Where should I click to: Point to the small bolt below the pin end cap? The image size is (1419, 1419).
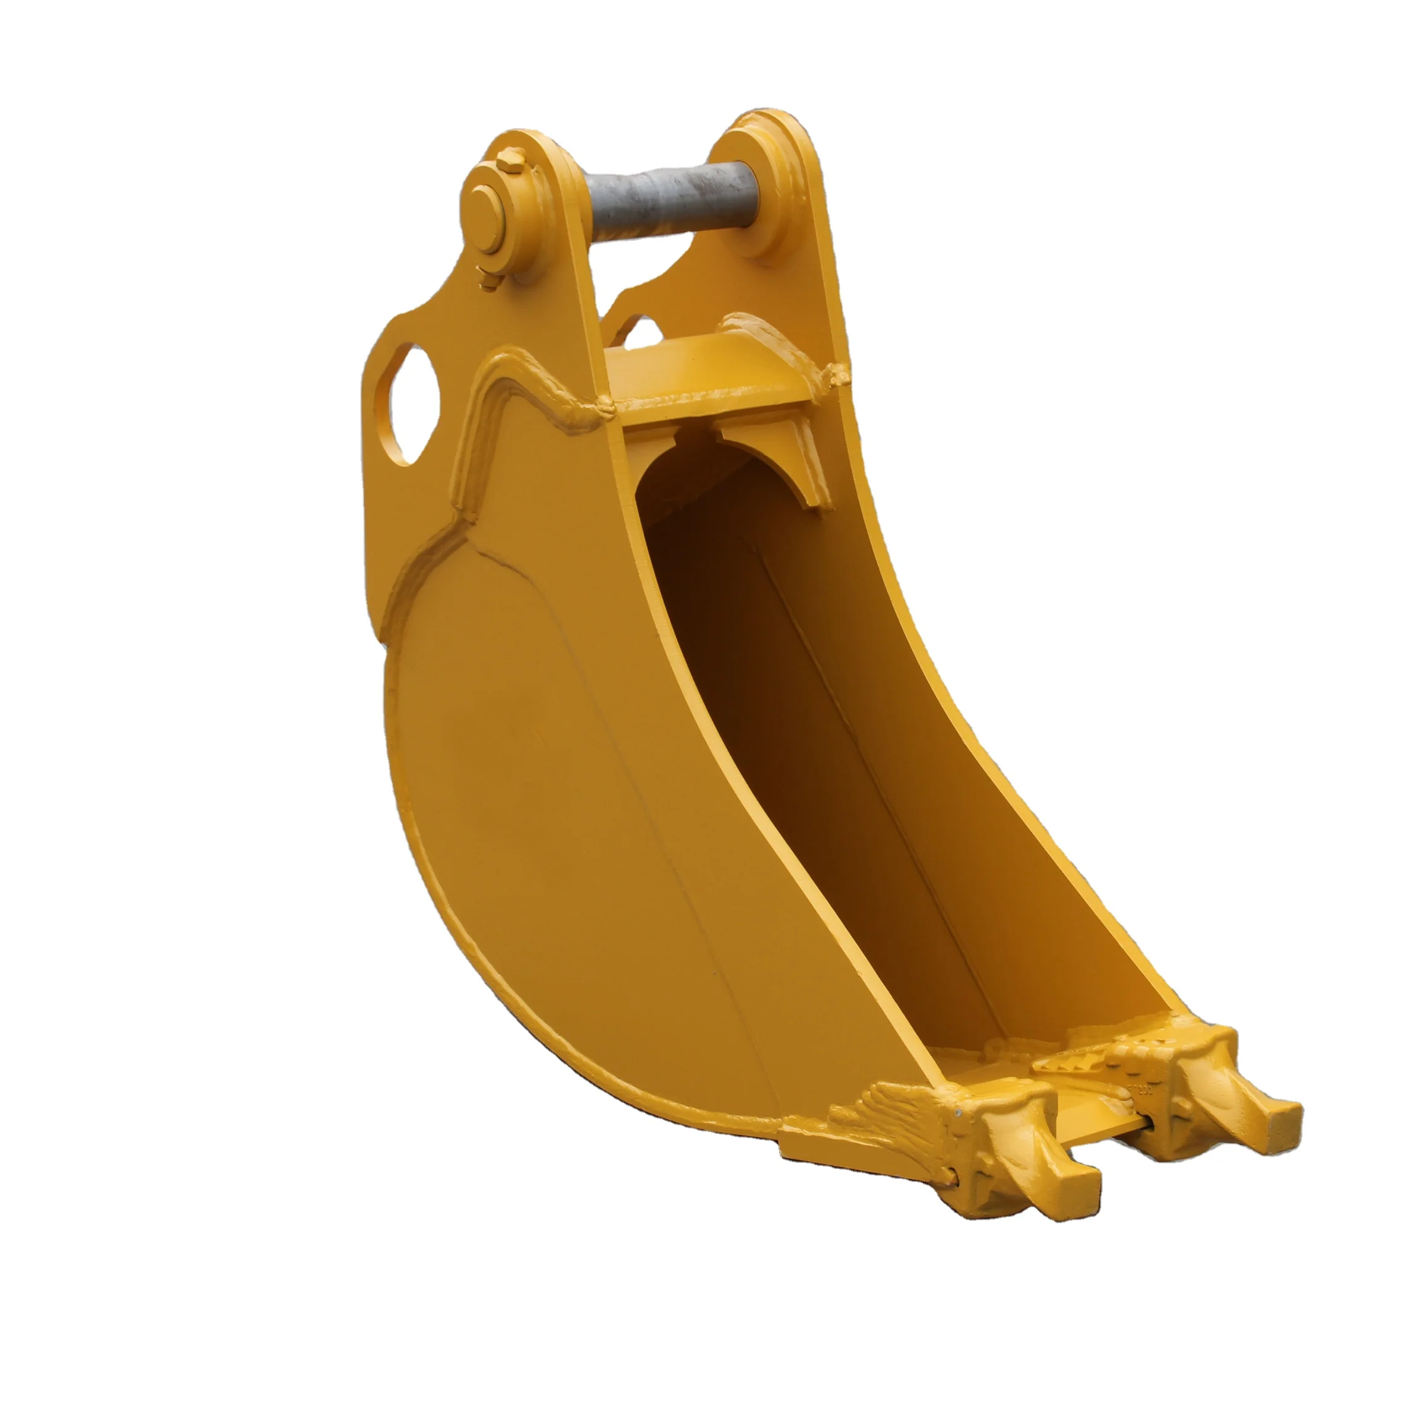pos(486,278)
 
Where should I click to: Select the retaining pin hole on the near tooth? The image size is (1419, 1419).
pos(953,1159)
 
